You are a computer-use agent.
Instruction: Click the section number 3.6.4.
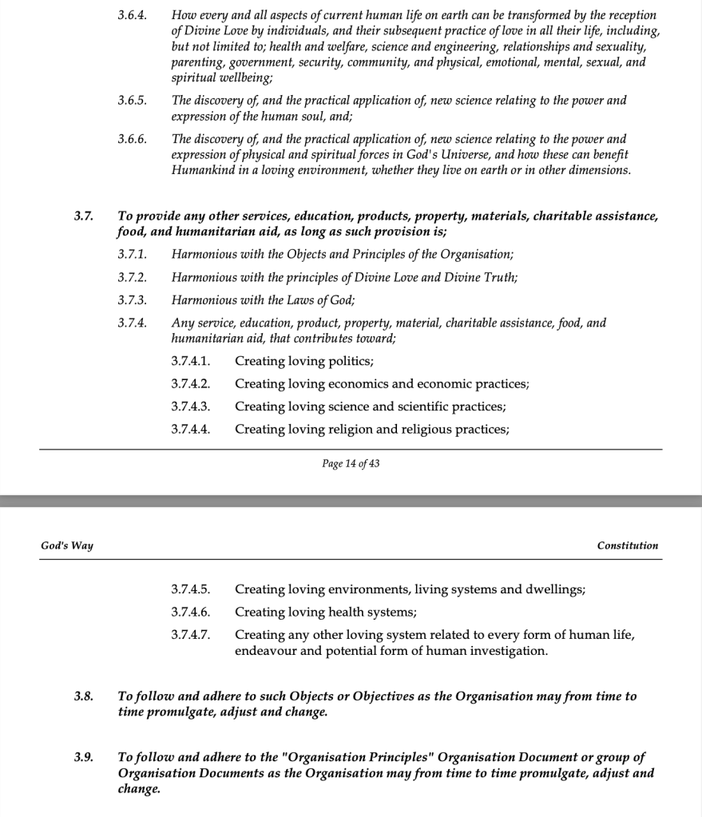click(x=132, y=15)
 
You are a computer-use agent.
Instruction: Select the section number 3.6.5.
click(x=132, y=101)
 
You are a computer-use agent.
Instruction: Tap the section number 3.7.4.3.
click(x=190, y=407)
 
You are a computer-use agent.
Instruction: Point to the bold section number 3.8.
click(x=84, y=696)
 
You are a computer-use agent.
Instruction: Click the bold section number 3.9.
click(x=84, y=756)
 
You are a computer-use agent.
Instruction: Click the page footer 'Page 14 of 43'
click(x=351, y=464)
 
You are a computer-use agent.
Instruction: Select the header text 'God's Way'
click(x=67, y=545)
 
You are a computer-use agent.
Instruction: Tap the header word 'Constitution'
click(x=628, y=545)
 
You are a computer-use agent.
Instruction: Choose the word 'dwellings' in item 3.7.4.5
click(x=553, y=589)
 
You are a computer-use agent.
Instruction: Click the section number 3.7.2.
click(x=132, y=277)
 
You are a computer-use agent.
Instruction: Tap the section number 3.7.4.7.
click(x=190, y=636)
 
